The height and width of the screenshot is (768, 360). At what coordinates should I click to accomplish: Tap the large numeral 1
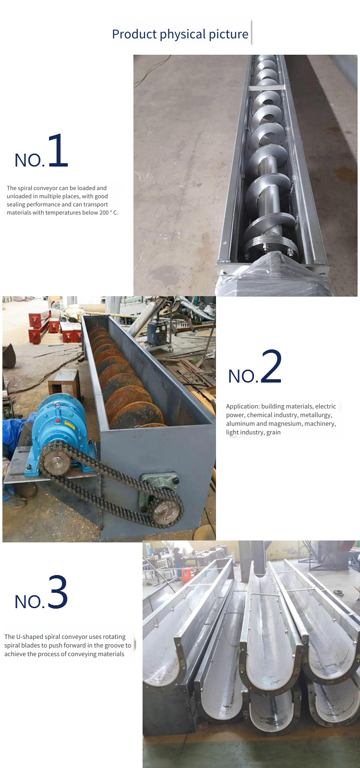58,150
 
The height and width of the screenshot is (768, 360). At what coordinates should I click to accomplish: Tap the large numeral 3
58,592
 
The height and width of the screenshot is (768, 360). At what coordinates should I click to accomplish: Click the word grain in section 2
274,432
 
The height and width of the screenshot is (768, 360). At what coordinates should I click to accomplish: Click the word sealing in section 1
16,204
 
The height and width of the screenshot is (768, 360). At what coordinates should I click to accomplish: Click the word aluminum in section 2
240,424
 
